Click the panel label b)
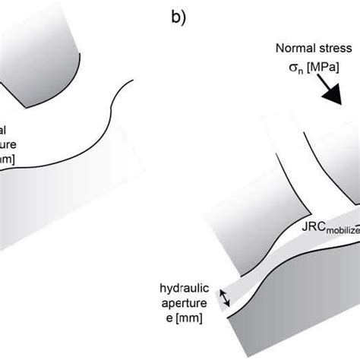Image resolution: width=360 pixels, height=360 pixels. [175, 17]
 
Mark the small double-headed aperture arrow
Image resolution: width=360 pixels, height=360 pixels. [224, 298]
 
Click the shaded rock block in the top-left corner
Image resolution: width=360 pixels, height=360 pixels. [46, 46]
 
